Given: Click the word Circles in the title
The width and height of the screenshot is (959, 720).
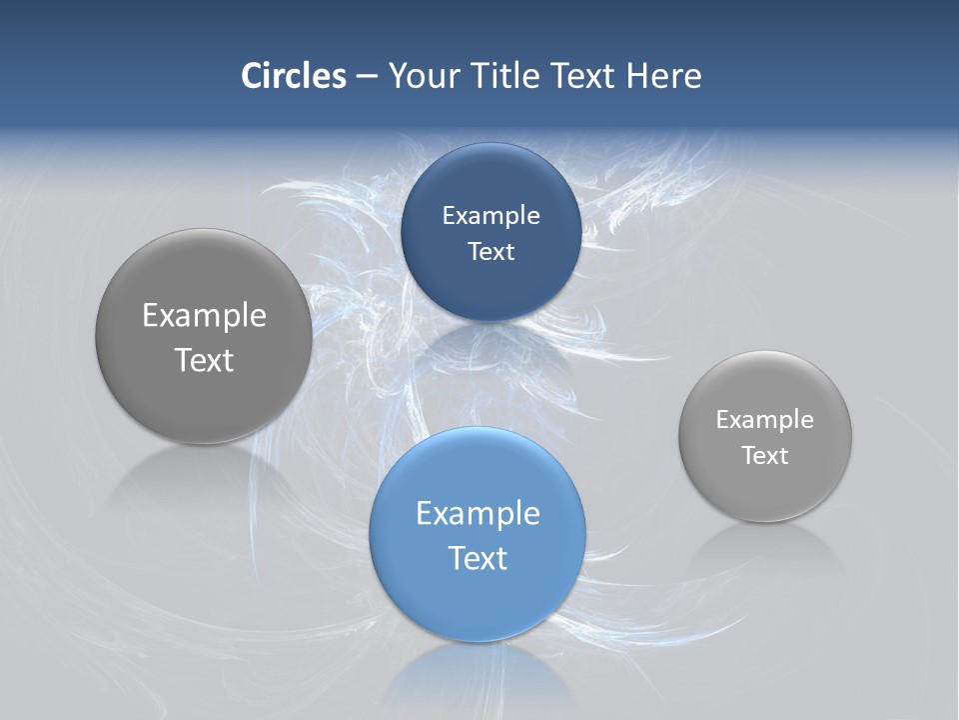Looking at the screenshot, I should pos(293,76).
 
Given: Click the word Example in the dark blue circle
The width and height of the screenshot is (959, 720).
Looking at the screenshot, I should pos(490,215).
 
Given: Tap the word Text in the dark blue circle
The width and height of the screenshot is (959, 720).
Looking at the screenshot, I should pos(490,251).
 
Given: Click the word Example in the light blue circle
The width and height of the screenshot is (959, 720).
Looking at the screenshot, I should pos(478,514).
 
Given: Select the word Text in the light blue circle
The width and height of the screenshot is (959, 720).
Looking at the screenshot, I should pos(478,558).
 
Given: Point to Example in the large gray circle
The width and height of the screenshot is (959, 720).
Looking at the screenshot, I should pos(204,316).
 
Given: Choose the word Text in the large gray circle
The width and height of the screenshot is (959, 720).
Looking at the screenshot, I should pos(204,360).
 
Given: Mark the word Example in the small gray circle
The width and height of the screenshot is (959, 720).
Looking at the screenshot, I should pos(764,419).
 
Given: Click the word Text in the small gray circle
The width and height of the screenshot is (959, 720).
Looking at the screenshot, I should pos(764,455).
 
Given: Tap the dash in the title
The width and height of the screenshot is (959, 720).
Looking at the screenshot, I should pos(367,76).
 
